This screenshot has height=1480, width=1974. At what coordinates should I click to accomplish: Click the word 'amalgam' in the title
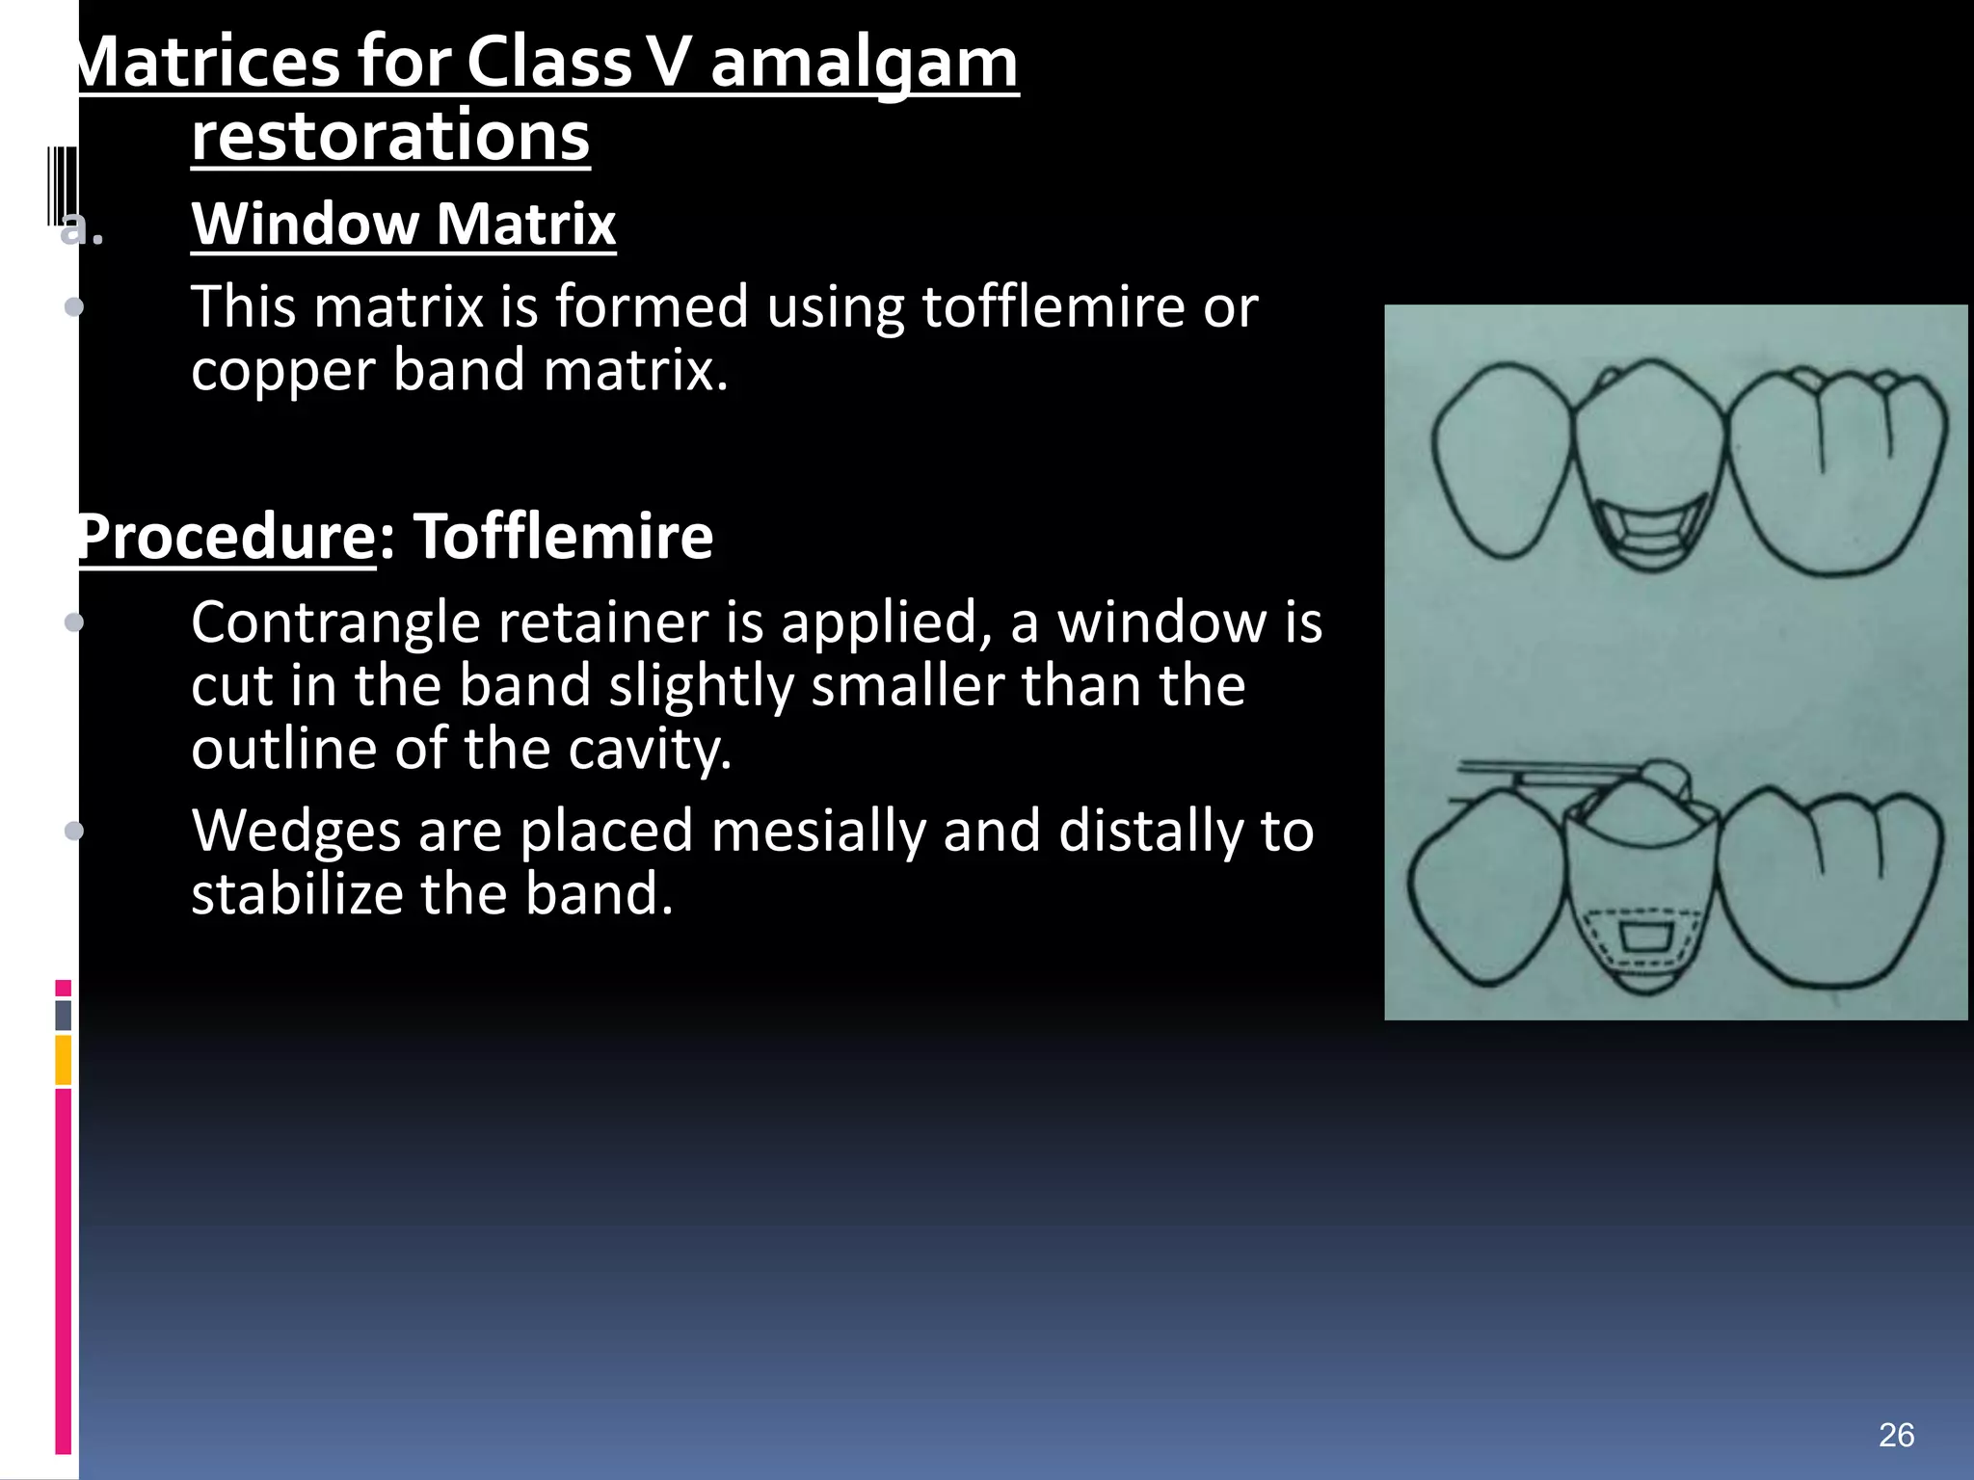(864, 64)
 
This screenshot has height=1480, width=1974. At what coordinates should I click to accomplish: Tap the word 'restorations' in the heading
(390, 137)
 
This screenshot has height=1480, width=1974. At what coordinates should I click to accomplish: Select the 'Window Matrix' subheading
(403, 224)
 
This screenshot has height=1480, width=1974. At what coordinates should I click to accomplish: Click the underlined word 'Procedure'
(227, 537)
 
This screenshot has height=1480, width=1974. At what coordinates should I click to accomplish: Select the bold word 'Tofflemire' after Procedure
(564, 537)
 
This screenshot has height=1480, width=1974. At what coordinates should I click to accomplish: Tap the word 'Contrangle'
(335, 622)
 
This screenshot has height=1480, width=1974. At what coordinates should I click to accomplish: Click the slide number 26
(1896, 1436)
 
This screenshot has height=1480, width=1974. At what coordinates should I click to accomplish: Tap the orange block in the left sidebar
(64, 1059)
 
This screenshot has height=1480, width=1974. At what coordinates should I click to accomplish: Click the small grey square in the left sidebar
(64, 1016)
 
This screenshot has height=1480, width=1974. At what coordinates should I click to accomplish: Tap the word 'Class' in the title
(549, 64)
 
